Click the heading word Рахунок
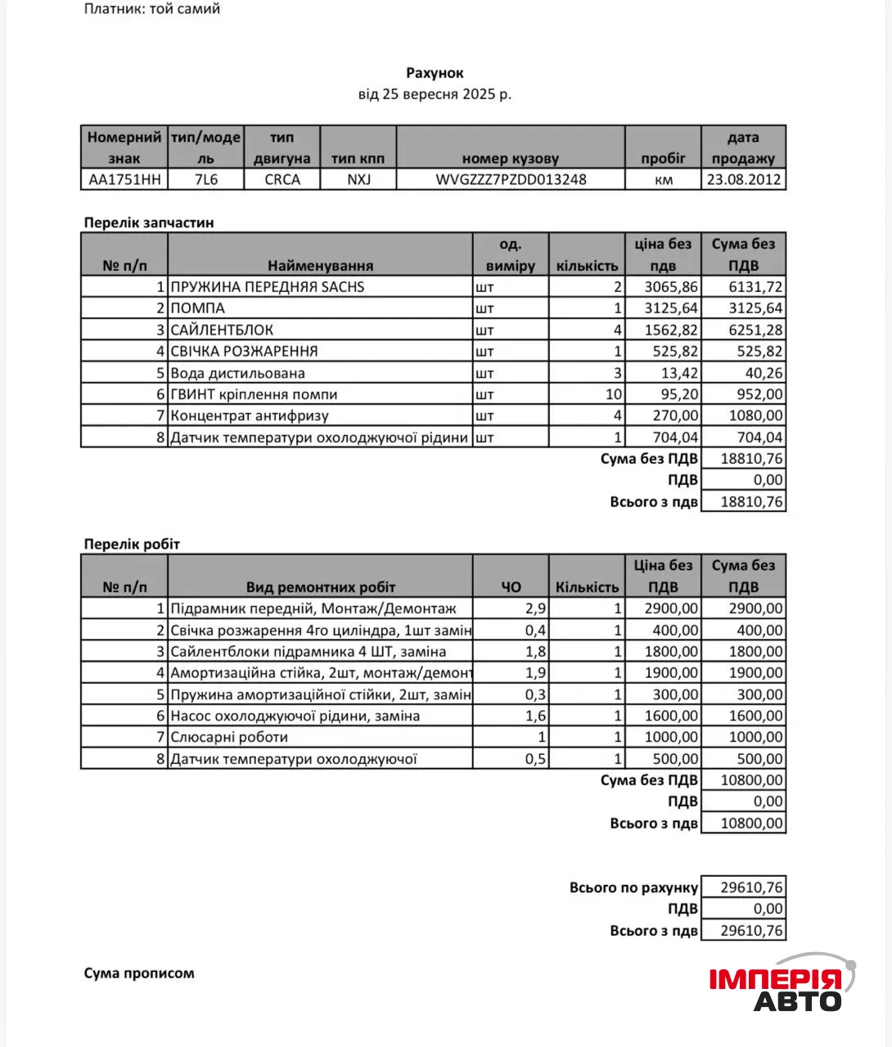coord(435,73)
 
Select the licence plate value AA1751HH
coord(124,179)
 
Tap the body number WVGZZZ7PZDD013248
coord(511,179)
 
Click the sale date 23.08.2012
coord(743,179)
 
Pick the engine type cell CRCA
coord(282,179)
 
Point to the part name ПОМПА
coord(197,308)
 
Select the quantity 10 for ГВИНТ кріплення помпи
coord(613,394)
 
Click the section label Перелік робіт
coord(132,544)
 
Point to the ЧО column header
coord(511,586)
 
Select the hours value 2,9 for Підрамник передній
coord(535,609)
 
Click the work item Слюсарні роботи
coord(229,737)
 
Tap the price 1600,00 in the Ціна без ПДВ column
coord(671,716)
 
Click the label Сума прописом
coord(139,973)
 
